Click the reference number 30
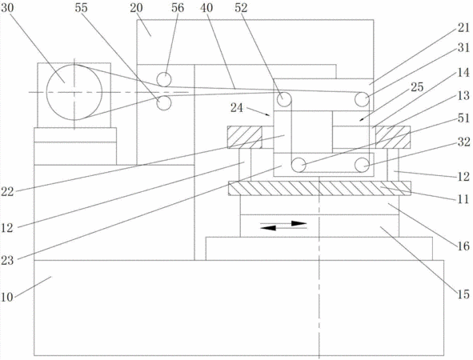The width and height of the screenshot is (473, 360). pos(7,8)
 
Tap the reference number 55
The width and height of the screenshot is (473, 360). pos(81,8)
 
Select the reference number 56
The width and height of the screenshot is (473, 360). pos(178,8)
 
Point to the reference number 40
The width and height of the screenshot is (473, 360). pos(206,8)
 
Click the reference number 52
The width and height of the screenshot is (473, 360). pos(241,8)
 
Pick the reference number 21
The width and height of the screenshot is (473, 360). pos(463,28)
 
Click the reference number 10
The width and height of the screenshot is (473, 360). pos(7,297)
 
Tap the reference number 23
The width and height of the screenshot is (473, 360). pos(7,260)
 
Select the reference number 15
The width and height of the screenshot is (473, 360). pos(463,294)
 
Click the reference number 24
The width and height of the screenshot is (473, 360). pos(237,108)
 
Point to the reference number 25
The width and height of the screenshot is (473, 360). pos(418,87)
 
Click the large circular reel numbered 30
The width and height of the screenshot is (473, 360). pos(74,92)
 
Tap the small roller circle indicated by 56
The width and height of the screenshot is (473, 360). pos(164,79)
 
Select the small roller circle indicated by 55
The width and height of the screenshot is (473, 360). pos(164,103)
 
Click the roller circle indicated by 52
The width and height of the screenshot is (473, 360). pos(284,99)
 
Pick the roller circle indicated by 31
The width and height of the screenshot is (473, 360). pos(362,99)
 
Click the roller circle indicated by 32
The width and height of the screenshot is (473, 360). pos(362,166)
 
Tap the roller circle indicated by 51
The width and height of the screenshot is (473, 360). pos(299,166)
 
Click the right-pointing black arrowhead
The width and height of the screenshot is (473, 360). pos(299,223)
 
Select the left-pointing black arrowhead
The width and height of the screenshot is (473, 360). pos(268,228)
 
